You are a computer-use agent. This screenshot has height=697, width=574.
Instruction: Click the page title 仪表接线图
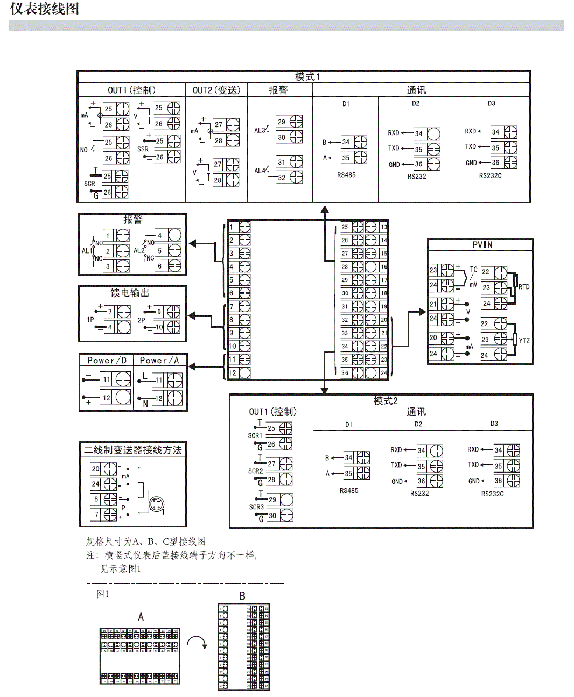pos(44,9)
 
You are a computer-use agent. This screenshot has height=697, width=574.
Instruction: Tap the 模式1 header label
pos(307,77)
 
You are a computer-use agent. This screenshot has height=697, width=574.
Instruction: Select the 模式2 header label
pos(386,401)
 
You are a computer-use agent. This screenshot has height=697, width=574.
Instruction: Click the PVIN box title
pos(482,245)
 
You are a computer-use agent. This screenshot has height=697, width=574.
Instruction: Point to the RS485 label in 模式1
pos(346,175)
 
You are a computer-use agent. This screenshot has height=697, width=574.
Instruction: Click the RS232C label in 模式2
pos(492,494)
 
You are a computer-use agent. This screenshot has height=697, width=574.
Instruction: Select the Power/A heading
pos(159,361)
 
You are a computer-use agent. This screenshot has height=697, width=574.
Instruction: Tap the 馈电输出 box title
pos(130,293)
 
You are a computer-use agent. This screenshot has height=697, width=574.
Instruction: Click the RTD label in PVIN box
pos(524,287)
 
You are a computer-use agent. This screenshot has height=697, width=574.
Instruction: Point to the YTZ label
pos(524,341)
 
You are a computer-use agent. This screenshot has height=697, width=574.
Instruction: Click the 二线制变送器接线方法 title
pos(132,450)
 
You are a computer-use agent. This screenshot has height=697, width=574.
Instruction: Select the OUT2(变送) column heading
pos(216,90)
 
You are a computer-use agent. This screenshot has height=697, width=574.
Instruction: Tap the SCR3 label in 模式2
pos(256,507)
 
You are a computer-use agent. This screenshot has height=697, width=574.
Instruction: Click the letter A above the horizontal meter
pos(141,617)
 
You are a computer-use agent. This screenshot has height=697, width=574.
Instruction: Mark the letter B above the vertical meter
pos(242,596)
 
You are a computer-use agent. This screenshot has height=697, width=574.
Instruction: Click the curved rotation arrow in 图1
pos(197,642)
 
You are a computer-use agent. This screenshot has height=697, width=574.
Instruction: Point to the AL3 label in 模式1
pos(260,130)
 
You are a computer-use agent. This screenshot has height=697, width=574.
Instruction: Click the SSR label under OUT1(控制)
pos(143,149)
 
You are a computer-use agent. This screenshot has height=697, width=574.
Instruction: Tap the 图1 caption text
pos(102,594)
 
